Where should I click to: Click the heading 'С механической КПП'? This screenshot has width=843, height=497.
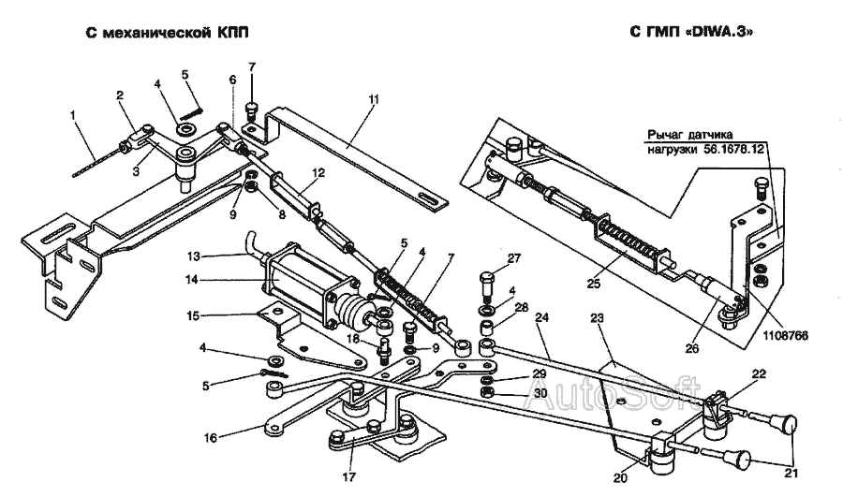(x=168, y=31)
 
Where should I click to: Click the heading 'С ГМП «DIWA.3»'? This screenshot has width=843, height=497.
(x=692, y=31)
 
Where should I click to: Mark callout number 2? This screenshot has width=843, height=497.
(x=121, y=95)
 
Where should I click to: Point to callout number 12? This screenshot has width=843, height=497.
(x=318, y=172)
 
